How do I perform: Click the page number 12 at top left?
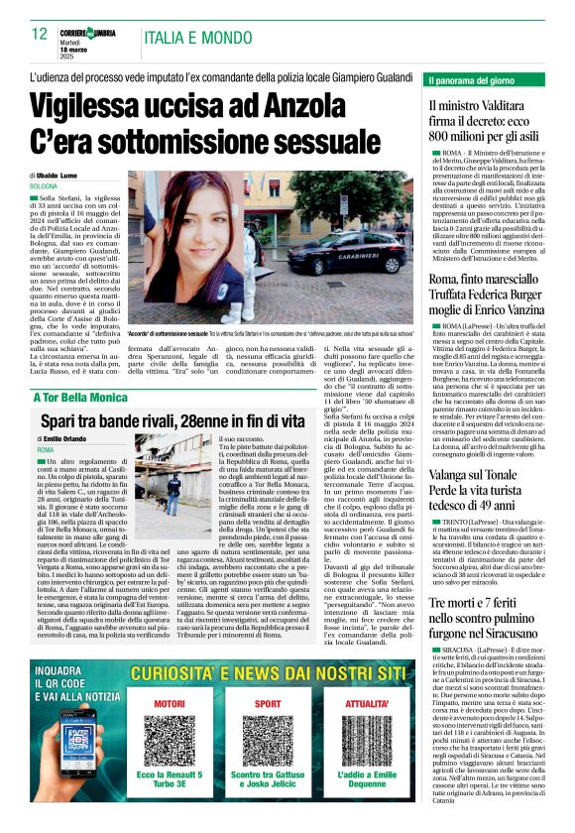click(40, 34)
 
